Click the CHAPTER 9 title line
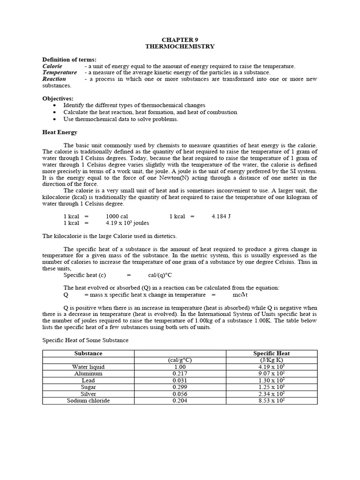(180, 40)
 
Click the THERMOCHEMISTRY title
(180, 46)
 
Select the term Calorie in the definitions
(52, 67)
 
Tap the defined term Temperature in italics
(60, 73)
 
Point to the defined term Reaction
(54, 79)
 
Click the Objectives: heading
(58, 98)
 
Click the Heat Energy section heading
(60, 133)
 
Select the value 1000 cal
(117, 217)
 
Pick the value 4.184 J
(221, 217)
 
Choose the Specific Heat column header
(271, 353)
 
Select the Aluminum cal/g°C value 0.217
(180, 374)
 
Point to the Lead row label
(88, 381)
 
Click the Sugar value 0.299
(180, 387)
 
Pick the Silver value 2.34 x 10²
(271, 394)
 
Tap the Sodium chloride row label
(88, 401)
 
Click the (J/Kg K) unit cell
(271, 360)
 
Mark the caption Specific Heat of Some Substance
(85, 340)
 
